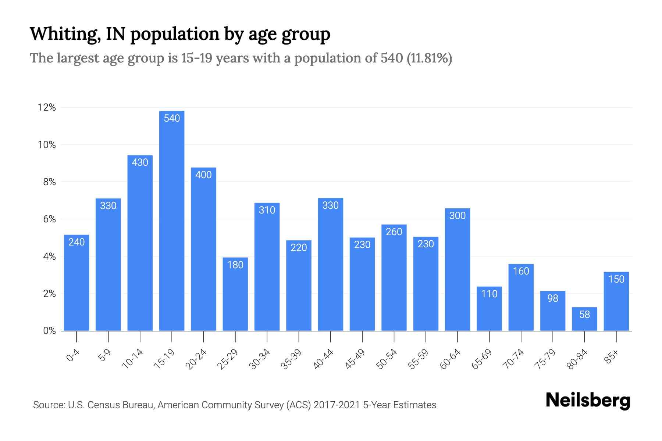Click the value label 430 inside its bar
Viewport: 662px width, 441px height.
(x=140, y=162)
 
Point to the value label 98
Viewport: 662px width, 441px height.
(x=553, y=298)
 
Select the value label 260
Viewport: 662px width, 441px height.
(x=394, y=232)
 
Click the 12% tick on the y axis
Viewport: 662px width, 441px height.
(x=47, y=108)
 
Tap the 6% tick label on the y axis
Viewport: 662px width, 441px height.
(x=49, y=219)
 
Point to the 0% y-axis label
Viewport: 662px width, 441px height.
(x=49, y=331)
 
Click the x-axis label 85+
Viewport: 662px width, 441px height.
(x=612, y=357)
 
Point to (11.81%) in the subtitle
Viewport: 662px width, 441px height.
(x=429, y=58)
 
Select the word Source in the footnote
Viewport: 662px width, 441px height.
(x=48, y=405)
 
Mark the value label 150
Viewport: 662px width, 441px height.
(x=616, y=279)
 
